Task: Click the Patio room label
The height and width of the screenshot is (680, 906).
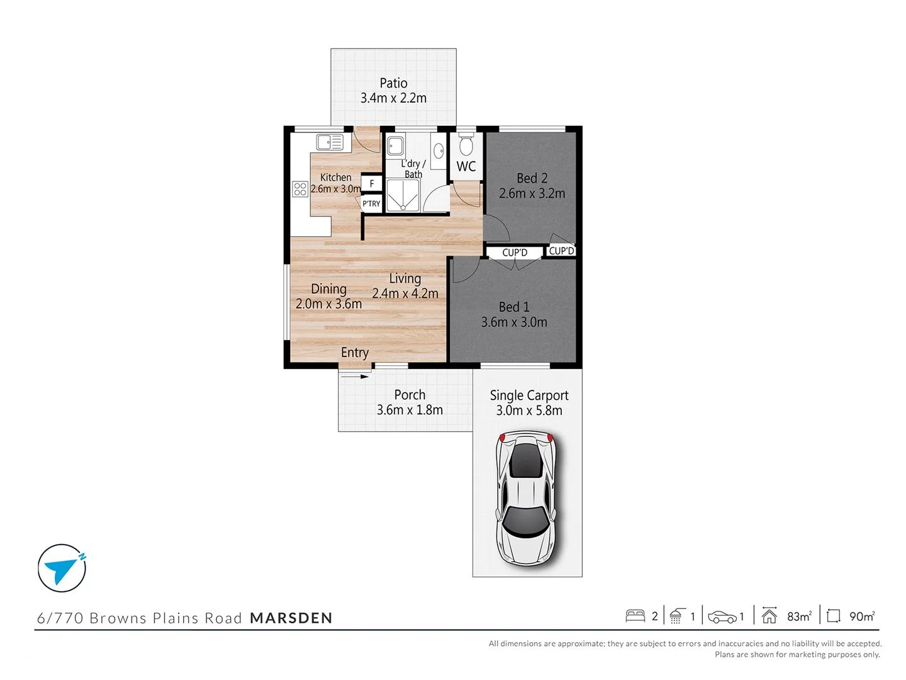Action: click(393, 83)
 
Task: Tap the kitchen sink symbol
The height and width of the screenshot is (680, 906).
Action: click(330, 142)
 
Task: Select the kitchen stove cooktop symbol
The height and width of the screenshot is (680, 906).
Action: click(300, 188)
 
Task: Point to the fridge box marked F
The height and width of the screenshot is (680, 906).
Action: click(372, 183)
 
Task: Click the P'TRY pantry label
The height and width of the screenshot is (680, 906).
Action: click(371, 203)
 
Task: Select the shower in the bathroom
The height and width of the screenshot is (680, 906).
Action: click(402, 196)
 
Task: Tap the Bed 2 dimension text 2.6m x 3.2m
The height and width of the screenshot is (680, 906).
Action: click(532, 193)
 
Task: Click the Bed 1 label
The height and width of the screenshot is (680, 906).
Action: click(514, 307)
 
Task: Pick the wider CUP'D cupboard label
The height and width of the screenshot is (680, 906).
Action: click(515, 252)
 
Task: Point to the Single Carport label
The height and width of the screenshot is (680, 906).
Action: click(528, 395)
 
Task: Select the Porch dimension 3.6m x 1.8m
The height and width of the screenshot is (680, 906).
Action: click(410, 410)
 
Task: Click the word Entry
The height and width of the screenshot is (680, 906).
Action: click(355, 353)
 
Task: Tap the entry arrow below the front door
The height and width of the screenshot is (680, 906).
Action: click(355, 377)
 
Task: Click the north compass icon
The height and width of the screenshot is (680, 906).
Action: click(62, 568)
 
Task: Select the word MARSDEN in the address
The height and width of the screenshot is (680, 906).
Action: click(291, 618)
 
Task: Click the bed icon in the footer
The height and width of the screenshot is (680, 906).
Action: click(635, 616)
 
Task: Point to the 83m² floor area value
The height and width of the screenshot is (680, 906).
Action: click(799, 616)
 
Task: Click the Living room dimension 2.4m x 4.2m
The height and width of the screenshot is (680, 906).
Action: click(405, 293)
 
